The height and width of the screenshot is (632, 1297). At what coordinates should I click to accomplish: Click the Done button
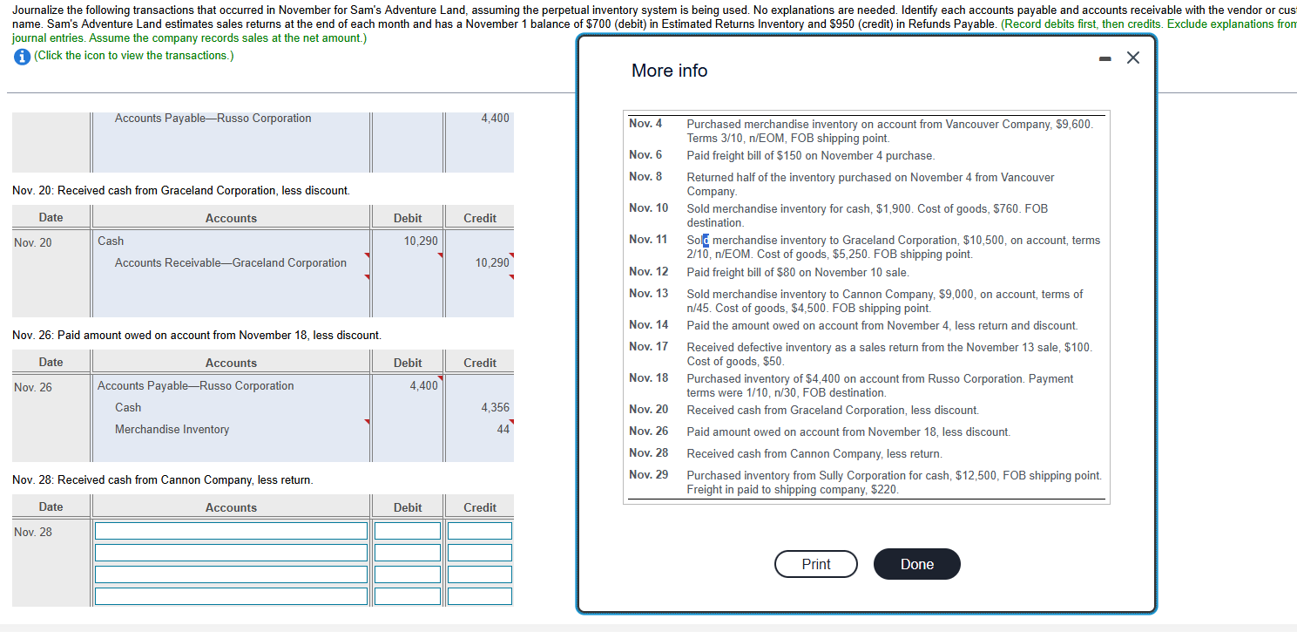pos(916,564)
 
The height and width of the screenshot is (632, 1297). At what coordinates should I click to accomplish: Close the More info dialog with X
pos(1132,58)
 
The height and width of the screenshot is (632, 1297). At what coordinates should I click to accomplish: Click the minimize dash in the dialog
pos(1106,58)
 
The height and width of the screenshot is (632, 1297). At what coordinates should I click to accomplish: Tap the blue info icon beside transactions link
pos(21,56)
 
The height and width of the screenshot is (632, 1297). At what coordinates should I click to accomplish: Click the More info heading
pos(669,71)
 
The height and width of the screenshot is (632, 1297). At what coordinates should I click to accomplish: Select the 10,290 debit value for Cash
pos(421,241)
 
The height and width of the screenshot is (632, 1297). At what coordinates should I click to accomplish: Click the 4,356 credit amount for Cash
pos(495,407)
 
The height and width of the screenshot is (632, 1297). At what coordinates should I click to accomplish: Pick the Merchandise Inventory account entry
pos(172,429)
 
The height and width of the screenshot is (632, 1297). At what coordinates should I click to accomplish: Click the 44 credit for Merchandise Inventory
pos(503,429)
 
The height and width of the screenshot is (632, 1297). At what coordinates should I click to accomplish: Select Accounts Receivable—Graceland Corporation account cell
pos(230,262)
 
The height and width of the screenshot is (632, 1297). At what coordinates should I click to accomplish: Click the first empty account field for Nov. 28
pos(231,531)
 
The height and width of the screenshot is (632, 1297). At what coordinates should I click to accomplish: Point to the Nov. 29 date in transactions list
pos(648,475)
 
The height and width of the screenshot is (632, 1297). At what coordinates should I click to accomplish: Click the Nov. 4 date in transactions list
pos(645,124)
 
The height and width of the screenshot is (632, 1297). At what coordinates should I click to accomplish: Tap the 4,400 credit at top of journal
pos(495,119)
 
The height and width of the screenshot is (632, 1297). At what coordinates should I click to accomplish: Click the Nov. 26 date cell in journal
pos(33,387)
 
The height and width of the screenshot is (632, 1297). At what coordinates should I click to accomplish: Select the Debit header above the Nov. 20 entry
pos(408,218)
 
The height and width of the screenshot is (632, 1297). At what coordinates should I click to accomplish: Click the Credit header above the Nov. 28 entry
pos(480,507)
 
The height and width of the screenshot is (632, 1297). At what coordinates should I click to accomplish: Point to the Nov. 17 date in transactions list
pos(648,347)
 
